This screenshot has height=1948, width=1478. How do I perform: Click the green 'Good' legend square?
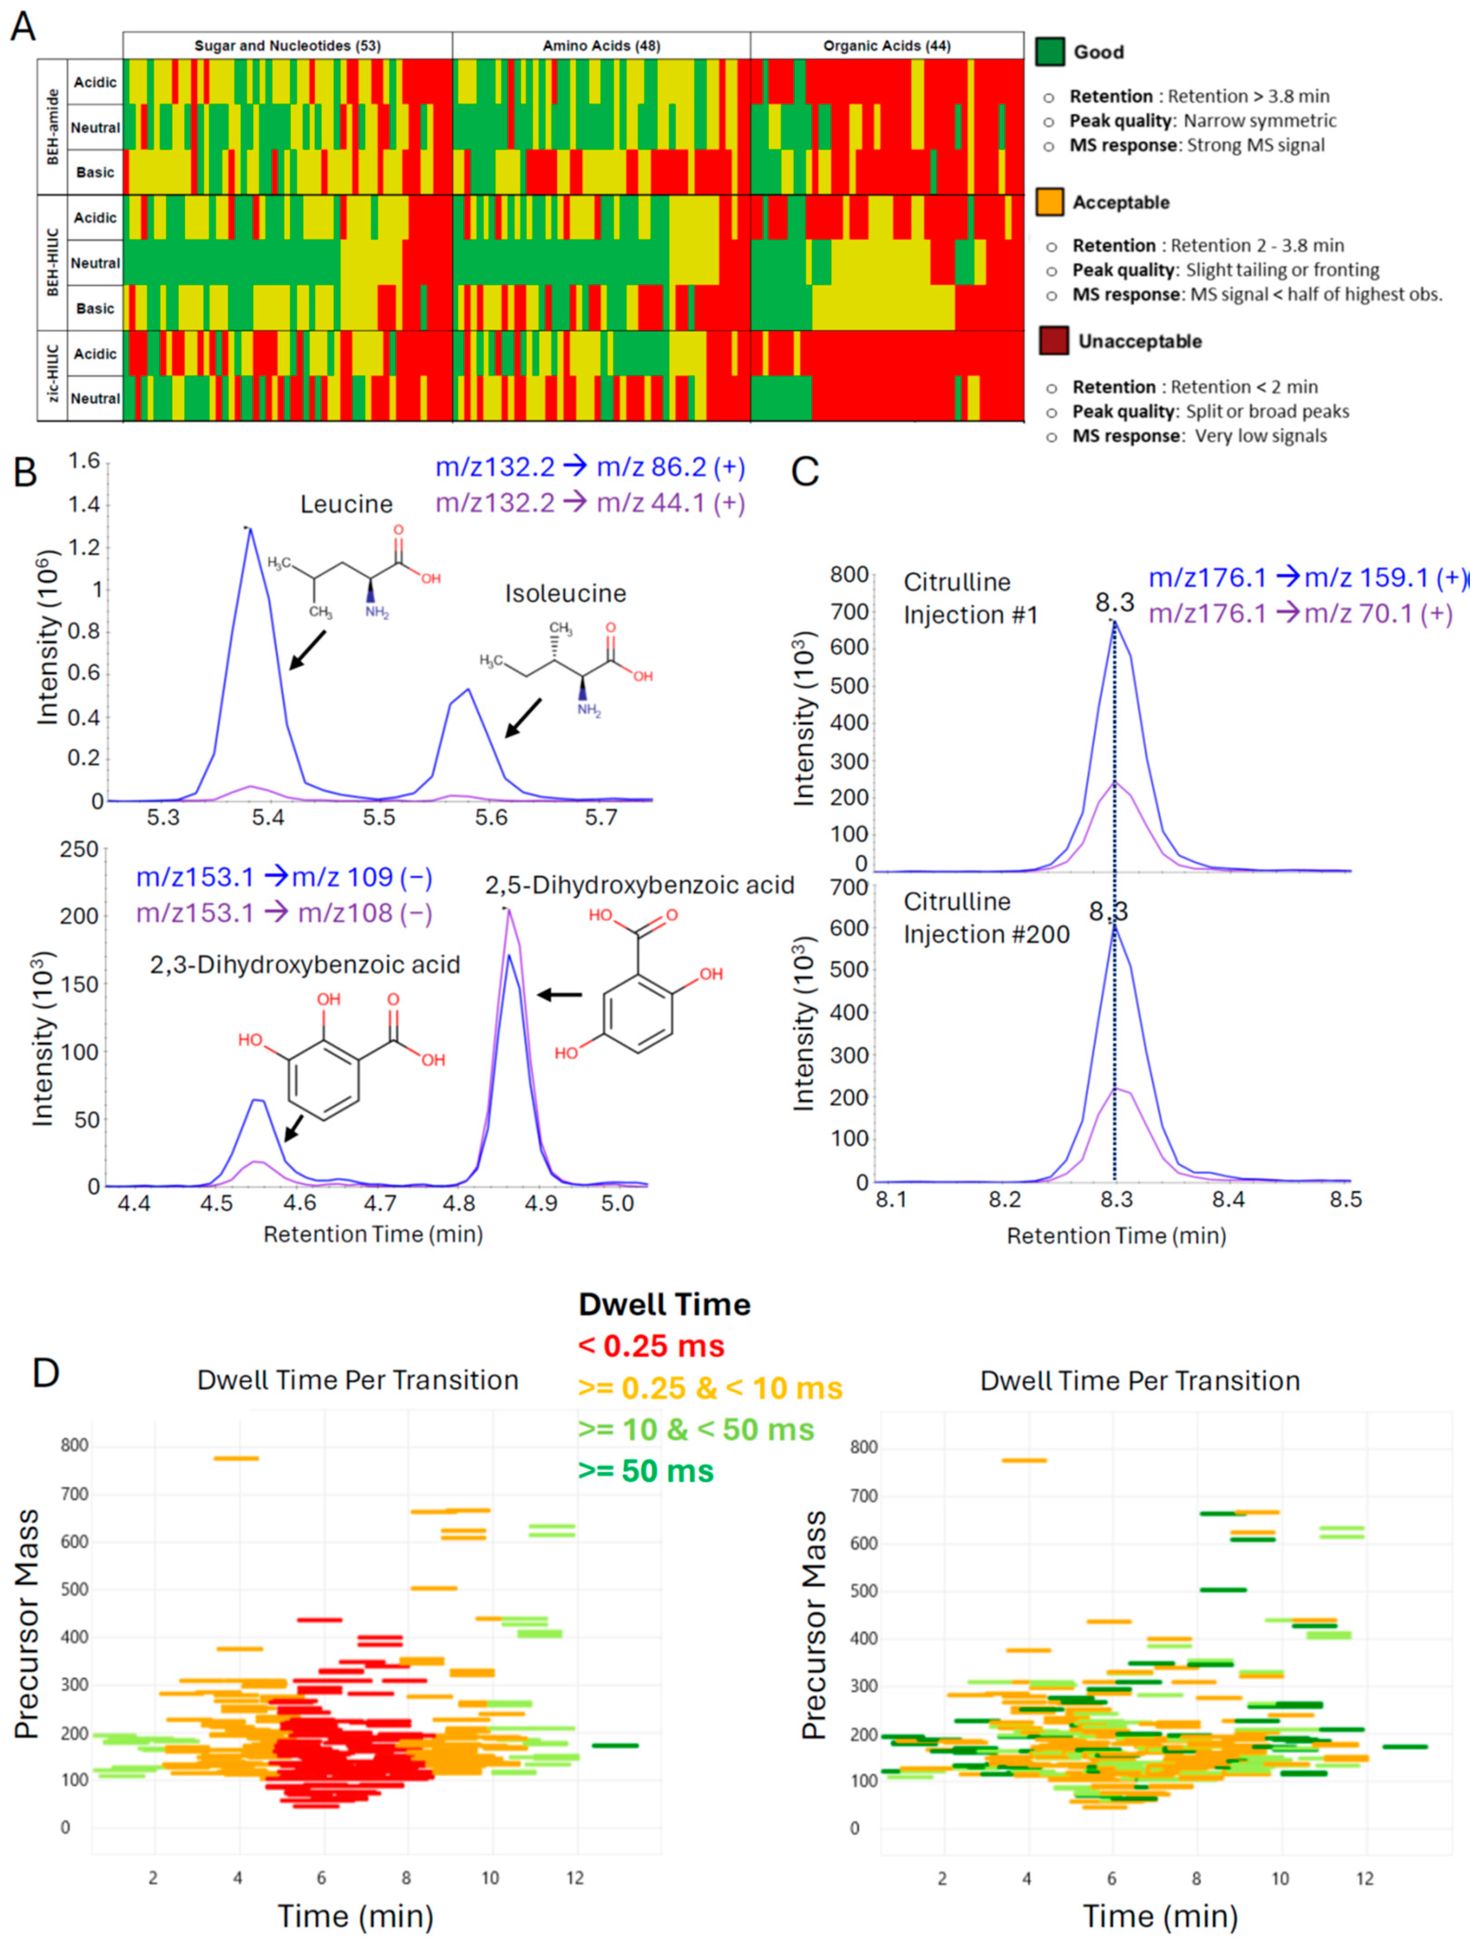click(x=1050, y=52)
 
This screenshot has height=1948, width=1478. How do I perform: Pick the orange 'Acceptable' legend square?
click(x=1050, y=202)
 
